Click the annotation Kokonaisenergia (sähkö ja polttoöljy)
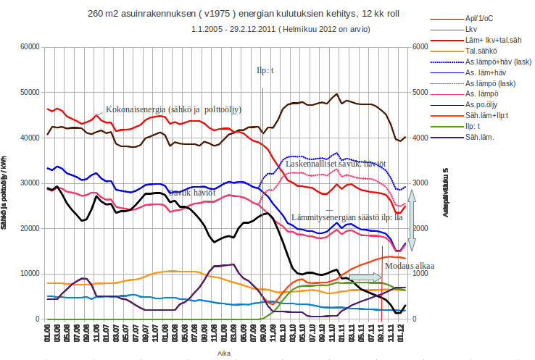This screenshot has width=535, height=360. click(x=174, y=109)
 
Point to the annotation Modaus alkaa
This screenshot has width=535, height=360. click(x=410, y=266)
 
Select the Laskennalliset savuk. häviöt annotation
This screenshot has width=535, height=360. click(x=335, y=164)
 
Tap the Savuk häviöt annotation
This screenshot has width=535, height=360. click(x=190, y=193)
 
